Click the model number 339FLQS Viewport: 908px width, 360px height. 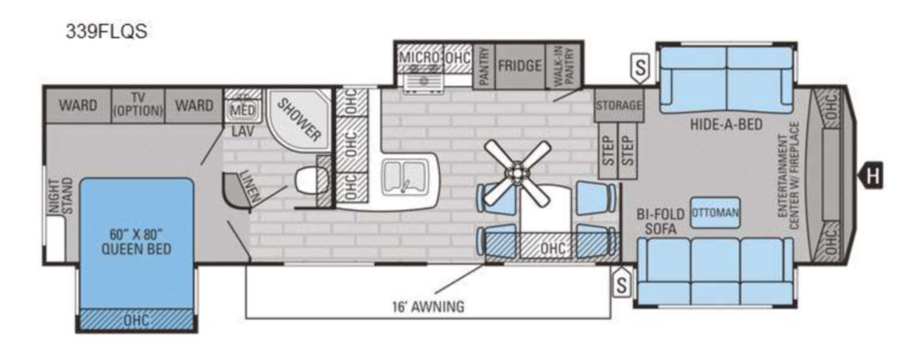(x=106, y=31)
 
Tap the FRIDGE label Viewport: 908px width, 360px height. (x=520, y=66)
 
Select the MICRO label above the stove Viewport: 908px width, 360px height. (x=419, y=58)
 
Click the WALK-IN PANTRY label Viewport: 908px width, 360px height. (x=564, y=67)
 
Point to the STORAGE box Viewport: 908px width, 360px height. (x=619, y=106)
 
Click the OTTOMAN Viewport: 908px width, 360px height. (x=716, y=213)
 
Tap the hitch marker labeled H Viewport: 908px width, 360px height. (x=871, y=176)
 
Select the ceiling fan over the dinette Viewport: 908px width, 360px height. (x=517, y=173)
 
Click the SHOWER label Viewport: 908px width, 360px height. (x=300, y=119)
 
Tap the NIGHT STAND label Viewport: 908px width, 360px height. (x=60, y=196)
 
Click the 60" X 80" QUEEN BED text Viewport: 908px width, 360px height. (x=136, y=241)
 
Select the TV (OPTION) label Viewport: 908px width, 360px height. (x=137, y=105)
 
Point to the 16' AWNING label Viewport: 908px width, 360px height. (x=428, y=306)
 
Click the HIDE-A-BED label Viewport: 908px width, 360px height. (x=725, y=124)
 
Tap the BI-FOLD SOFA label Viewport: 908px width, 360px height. (x=661, y=221)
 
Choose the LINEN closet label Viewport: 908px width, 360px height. (x=249, y=186)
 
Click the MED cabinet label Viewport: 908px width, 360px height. (x=243, y=109)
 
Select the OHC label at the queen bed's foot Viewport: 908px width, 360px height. (x=137, y=319)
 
